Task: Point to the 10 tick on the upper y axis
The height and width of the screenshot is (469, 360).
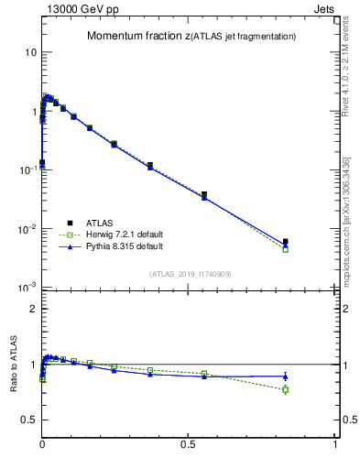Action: click(30, 52)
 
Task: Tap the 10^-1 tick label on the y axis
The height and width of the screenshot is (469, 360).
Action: click(27, 169)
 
